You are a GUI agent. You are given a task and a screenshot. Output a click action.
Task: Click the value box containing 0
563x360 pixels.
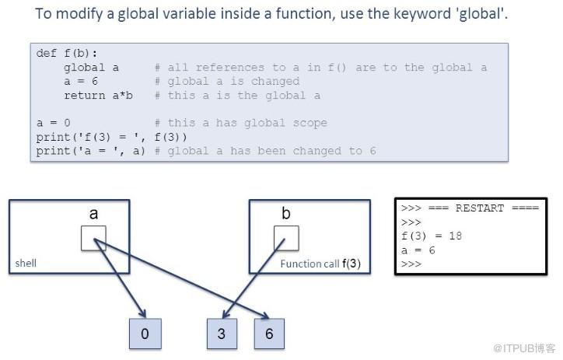tap(145, 334)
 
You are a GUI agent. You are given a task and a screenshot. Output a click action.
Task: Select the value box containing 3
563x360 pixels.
tap(222, 334)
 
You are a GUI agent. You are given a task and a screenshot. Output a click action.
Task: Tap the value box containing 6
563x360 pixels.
tap(269, 334)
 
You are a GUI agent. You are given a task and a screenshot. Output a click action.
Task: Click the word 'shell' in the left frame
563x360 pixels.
tap(26, 263)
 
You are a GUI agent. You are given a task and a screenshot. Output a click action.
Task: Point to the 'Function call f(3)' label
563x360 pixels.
tap(320, 264)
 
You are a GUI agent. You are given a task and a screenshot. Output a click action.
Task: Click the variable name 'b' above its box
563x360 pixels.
tap(286, 213)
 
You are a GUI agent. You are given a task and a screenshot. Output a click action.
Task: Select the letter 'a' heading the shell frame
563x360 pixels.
tap(93, 214)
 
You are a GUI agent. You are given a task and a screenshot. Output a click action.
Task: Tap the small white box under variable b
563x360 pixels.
tap(286, 238)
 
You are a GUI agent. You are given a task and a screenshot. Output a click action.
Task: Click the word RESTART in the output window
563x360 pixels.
tap(480, 208)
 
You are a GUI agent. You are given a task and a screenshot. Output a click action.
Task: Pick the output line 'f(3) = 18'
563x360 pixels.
tap(432, 236)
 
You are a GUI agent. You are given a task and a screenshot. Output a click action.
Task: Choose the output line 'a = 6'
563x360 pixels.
tap(418, 250)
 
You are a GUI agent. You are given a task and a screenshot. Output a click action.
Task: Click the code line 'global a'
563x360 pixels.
tap(91, 68)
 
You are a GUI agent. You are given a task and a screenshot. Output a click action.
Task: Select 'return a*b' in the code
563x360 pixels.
tap(99, 96)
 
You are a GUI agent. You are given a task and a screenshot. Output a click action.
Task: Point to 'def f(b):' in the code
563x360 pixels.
tap(67, 54)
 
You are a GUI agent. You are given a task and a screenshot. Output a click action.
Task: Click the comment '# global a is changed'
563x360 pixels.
tap(227, 82)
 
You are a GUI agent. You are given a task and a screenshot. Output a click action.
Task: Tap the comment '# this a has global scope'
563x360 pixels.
tap(241, 123)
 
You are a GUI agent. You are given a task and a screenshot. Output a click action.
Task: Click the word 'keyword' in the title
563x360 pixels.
tap(422, 14)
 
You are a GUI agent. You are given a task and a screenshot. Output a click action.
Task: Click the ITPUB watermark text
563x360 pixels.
tap(524, 348)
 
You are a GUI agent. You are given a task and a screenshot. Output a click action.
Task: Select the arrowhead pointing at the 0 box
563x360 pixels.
tap(142, 313)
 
